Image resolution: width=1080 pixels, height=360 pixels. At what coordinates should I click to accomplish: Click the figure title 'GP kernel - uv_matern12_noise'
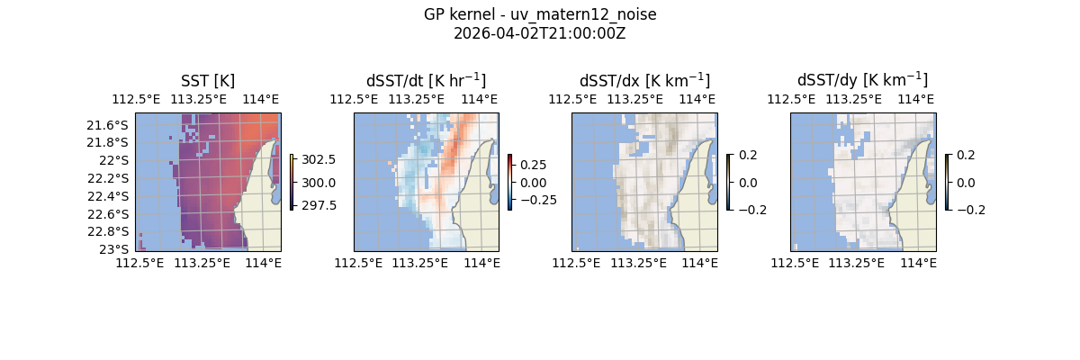click(540, 14)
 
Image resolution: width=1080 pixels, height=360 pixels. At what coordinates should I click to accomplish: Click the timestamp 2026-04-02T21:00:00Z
click(540, 33)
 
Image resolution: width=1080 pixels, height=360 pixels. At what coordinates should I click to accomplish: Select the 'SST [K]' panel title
click(208, 80)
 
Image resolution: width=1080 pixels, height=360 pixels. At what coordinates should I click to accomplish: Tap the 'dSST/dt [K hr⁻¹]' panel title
click(426, 80)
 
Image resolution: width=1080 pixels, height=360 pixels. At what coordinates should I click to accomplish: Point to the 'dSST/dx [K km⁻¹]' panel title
click(644, 80)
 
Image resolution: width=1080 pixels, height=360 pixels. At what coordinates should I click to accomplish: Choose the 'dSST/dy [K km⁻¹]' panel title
click(862, 80)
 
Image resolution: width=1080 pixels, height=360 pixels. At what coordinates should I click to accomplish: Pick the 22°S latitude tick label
click(117, 160)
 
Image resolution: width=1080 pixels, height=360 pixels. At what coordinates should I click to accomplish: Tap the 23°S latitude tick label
click(117, 248)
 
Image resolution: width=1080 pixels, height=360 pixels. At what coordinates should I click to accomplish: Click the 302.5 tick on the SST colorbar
click(318, 159)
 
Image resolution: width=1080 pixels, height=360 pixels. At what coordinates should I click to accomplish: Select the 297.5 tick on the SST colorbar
click(318, 205)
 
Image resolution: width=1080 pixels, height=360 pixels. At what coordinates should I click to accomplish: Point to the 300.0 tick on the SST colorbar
click(318, 183)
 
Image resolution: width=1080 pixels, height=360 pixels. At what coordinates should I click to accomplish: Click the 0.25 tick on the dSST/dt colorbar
click(533, 165)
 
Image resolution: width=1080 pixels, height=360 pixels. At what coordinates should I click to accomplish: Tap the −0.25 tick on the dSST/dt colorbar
click(537, 200)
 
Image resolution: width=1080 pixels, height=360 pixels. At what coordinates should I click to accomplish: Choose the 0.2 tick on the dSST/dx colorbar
click(748, 155)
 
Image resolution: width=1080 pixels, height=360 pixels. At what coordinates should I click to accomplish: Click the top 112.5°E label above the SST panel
click(135, 99)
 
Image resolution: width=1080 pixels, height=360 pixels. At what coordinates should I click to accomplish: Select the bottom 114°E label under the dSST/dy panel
click(918, 263)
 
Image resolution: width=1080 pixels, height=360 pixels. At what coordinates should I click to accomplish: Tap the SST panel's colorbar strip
click(292, 182)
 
